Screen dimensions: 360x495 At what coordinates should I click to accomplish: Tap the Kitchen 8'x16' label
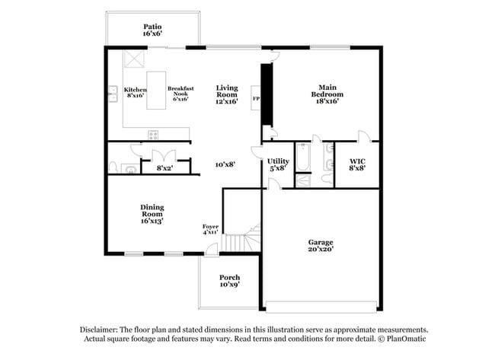tap(135, 93)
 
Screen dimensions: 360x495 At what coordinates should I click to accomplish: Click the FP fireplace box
tap(256, 100)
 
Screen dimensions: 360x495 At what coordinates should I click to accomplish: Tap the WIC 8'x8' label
tap(356, 164)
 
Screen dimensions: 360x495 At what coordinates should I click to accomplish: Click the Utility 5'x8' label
tap(278, 164)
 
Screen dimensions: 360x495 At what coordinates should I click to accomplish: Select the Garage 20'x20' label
tap(321, 246)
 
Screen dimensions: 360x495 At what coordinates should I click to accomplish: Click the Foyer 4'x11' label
tap(210, 229)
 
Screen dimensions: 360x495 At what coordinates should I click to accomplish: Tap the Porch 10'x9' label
tap(229, 280)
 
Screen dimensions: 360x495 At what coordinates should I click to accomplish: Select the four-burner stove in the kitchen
tap(153, 135)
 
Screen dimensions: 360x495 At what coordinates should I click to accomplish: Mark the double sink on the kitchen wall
tap(111, 94)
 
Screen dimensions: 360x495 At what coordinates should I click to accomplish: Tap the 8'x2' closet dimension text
tap(164, 167)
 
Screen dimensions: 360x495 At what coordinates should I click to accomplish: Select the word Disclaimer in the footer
tap(101, 329)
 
